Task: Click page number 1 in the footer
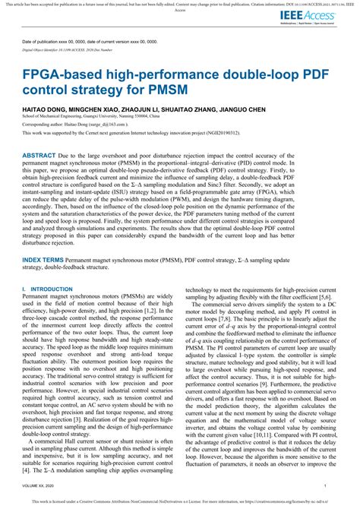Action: [x=325, y=485]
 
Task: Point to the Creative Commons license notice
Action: [x=179, y=501]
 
